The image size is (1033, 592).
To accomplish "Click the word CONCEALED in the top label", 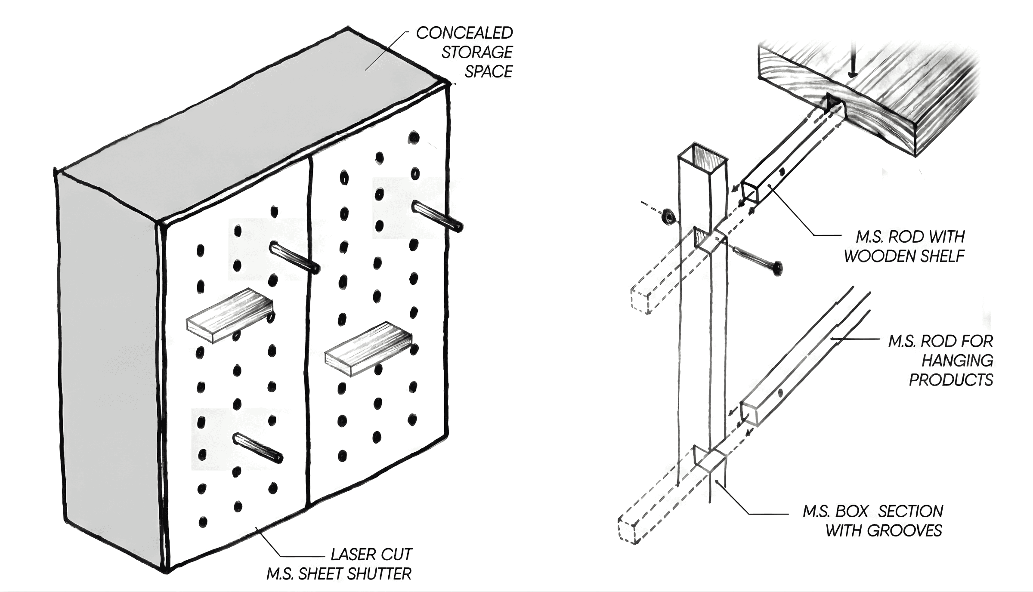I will (464, 33).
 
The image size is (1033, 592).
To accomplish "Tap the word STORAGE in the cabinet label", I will (477, 52).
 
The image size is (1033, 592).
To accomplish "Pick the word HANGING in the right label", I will (957, 361).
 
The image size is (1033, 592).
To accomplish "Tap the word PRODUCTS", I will (951, 380).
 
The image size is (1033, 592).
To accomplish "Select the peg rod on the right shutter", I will (437, 216).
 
